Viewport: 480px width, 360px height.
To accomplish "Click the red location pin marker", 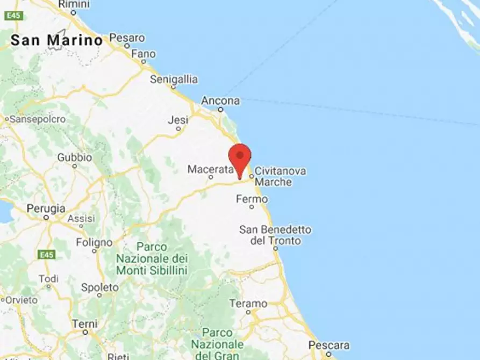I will [240, 157].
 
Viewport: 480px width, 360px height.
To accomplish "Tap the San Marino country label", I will [56, 40].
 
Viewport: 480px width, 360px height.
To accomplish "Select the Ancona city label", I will [220, 101].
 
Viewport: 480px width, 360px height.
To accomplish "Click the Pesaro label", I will [127, 38].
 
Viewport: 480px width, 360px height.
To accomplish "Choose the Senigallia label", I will [174, 80].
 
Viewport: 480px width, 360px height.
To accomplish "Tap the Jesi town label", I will [178, 120].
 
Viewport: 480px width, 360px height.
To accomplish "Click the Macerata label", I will [211, 169].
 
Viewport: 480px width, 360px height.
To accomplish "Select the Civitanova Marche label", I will [280, 176].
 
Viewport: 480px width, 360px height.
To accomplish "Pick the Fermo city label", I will [252, 199].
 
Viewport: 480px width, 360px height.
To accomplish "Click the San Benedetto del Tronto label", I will [275, 235].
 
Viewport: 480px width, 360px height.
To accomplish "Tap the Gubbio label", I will [75, 157].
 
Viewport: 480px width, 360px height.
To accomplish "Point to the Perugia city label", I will [46, 208].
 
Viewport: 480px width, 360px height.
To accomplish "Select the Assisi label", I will [81, 219].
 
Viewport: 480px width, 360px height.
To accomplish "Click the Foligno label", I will [94, 242].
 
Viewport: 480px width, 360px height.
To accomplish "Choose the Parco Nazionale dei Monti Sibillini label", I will [152, 258].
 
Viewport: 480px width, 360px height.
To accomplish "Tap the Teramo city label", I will [248, 304].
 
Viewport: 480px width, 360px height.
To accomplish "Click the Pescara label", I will [329, 345].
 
